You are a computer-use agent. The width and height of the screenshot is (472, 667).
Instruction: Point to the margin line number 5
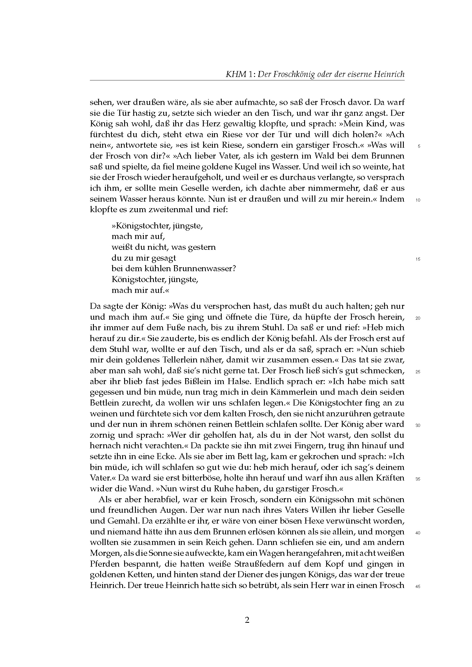pyautogui.click(x=419, y=146)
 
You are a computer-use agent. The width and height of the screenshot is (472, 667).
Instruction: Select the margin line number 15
pyautogui.click(x=418, y=259)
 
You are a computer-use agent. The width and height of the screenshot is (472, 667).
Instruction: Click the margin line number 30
pyautogui.click(x=418, y=425)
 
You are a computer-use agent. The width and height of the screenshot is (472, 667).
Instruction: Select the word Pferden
pyautogui.click(x=105, y=564)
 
